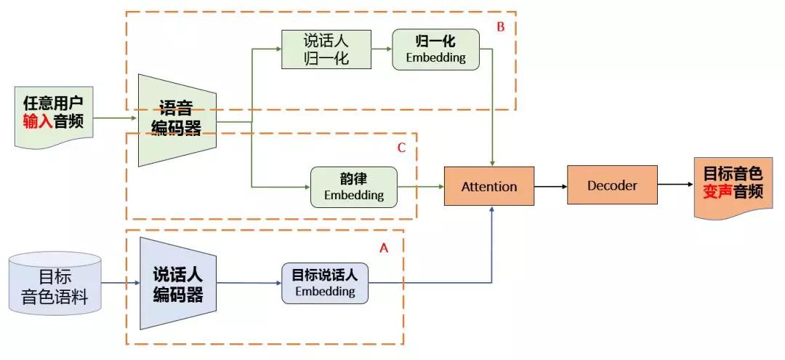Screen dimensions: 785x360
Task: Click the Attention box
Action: click(x=489, y=186)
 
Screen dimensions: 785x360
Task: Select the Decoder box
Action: click(x=612, y=185)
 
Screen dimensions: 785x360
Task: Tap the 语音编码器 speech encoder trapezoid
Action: click(x=177, y=120)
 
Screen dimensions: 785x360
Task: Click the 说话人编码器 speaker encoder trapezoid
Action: click(x=178, y=284)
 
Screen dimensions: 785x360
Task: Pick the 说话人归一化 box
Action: click(x=326, y=49)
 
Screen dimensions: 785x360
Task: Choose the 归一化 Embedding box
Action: click(x=435, y=49)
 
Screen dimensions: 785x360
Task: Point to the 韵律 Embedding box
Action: click(x=354, y=187)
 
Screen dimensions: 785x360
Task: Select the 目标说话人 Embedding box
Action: click(x=324, y=283)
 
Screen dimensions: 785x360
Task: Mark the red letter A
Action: click(x=384, y=248)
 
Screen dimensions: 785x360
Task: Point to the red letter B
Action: click(x=500, y=27)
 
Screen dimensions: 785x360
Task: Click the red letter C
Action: click(x=401, y=148)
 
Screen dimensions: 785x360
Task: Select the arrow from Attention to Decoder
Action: click(x=551, y=186)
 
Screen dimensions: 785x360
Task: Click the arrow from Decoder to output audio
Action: click(x=675, y=185)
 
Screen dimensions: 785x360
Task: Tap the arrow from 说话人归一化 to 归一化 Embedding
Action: click(x=382, y=49)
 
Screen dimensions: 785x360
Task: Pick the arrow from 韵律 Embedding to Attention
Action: click(x=421, y=187)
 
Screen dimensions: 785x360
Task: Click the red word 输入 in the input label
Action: click(x=38, y=121)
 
